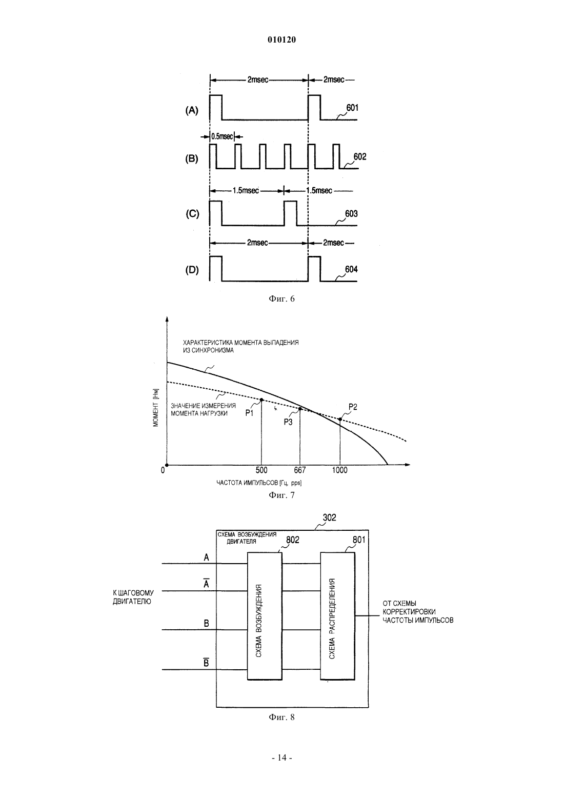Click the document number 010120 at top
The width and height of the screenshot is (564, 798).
click(281, 40)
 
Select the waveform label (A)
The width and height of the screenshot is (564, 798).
click(192, 110)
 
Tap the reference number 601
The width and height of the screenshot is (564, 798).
click(352, 108)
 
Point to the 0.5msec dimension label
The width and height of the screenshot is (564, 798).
click(222, 136)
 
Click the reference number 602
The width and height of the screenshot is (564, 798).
click(359, 157)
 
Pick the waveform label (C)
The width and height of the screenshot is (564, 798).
click(192, 213)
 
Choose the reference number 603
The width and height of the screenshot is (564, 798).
click(351, 213)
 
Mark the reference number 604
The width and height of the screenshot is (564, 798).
click(351, 269)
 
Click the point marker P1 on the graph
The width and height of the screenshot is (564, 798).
click(261, 400)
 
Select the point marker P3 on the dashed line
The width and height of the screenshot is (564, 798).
click(300, 409)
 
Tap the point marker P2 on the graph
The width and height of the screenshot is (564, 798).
click(340, 420)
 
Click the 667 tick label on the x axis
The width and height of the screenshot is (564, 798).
click(300, 470)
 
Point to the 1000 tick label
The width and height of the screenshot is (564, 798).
click(339, 470)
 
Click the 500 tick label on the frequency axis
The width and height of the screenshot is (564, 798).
click(261, 470)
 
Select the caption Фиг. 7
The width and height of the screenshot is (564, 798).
click(281, 495)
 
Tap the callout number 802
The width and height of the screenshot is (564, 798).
click(293, 540)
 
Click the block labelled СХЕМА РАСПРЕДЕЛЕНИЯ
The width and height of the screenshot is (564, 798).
click(337, 616)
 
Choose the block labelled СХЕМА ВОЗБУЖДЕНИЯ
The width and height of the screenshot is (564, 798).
click(265, 616)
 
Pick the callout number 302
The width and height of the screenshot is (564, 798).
click(329, 517)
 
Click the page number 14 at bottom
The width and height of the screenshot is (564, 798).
click(281, 758)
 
